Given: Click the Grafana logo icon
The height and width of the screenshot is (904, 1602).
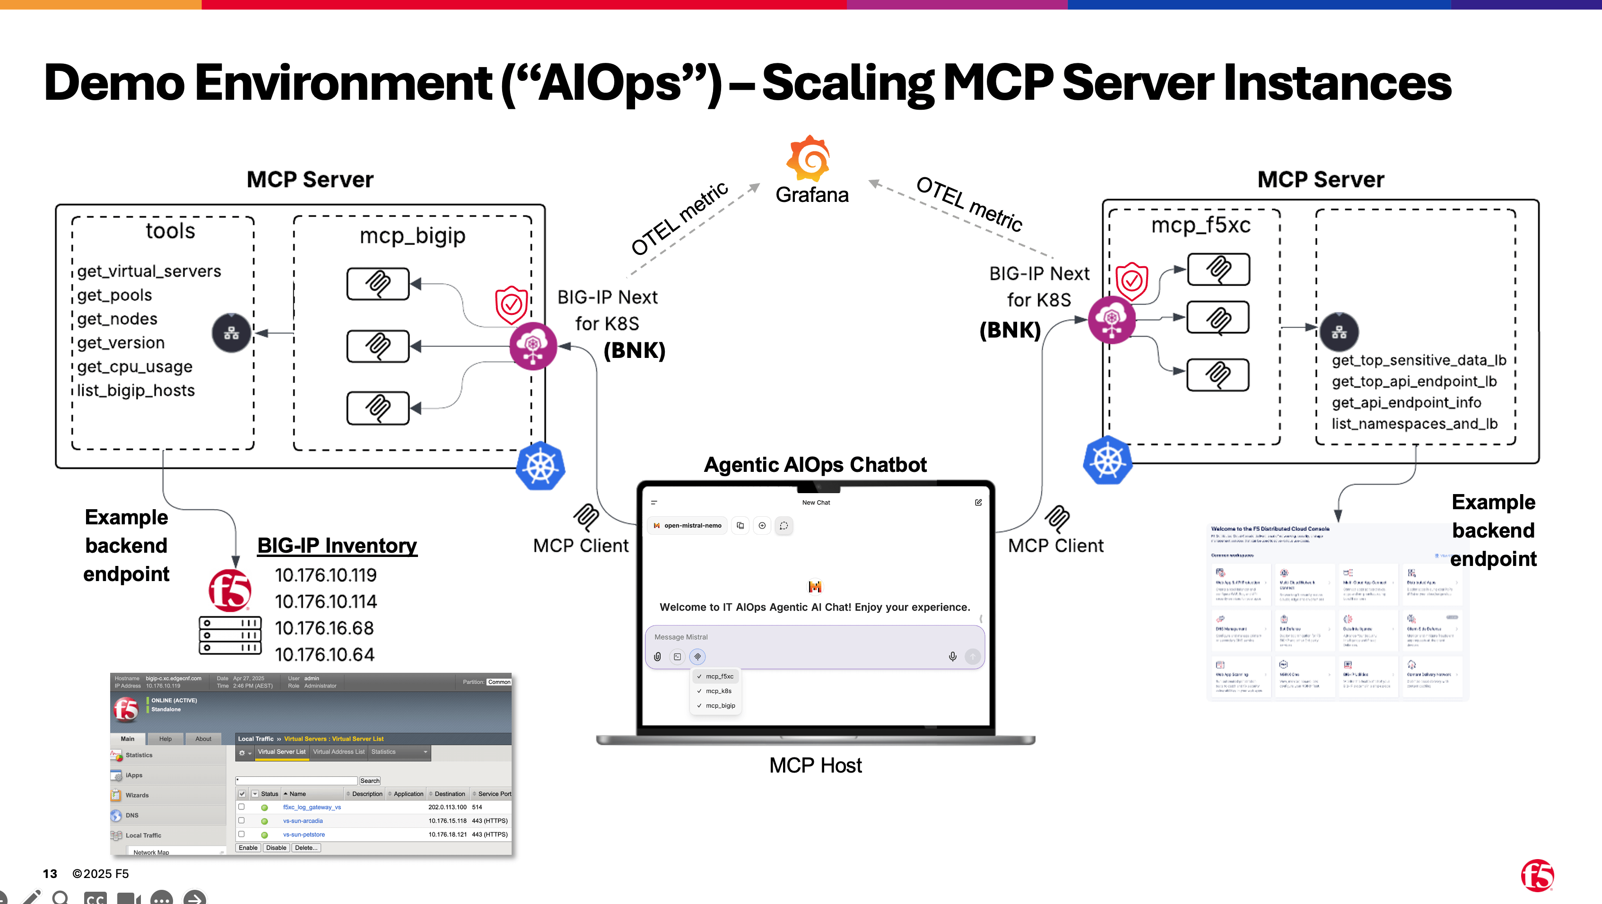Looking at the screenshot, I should (809, 158).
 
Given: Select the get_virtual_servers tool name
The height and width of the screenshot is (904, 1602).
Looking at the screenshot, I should (149, 272).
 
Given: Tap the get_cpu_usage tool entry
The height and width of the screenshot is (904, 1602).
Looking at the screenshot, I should (135, 367).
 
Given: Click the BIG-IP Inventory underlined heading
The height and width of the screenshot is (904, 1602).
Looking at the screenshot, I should (337, 545).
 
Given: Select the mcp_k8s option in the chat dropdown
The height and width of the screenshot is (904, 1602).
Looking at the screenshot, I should (718, 691).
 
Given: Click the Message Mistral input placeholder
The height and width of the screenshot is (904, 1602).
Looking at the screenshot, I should (681, 637).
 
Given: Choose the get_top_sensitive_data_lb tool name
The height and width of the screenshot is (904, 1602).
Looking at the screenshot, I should (1419, 360).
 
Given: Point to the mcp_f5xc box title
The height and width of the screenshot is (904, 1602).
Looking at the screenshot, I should (1200, 225).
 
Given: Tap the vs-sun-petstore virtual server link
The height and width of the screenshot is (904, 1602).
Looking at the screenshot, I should (304, 834).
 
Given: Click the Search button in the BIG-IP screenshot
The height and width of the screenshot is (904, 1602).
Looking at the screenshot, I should (369, 781).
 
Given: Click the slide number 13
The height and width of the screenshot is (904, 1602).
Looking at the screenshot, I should (50, 874).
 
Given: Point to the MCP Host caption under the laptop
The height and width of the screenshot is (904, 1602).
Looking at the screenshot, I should (815, 765).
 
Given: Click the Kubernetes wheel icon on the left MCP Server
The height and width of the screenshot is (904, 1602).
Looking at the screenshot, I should (540, 466).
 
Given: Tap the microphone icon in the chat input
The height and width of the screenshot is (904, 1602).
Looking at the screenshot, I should (952, 657).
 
